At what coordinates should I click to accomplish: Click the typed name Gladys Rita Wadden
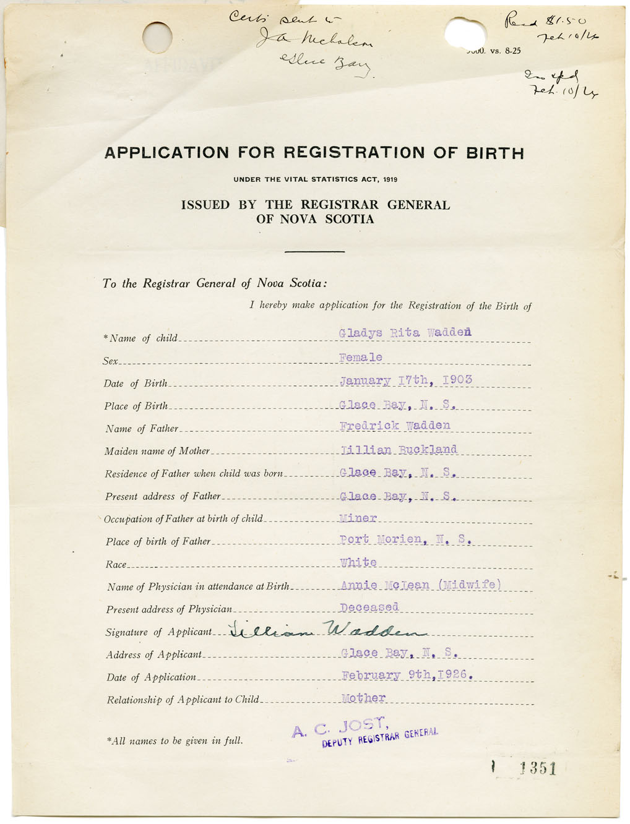[405, 333]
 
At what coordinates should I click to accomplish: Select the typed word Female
[361, 358]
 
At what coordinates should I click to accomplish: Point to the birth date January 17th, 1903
[406, 380]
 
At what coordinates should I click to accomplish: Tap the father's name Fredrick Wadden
[395, 426]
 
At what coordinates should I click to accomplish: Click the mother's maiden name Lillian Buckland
[399, 450]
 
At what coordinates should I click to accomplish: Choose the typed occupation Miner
[358, 518]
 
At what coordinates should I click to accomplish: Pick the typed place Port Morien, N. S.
[406, 539]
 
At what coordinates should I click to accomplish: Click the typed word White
[358, 562]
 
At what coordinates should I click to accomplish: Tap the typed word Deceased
[369, 607]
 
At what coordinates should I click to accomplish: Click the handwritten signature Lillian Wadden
[328, 630]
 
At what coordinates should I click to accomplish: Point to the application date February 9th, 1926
[408, 675]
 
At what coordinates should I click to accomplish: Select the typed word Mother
[364, 698]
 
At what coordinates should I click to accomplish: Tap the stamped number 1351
[538, 769]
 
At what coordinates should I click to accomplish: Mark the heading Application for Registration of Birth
[314, 153]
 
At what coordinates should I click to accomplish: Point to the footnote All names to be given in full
[175, 740]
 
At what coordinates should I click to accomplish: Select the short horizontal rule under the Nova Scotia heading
[314, 252]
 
